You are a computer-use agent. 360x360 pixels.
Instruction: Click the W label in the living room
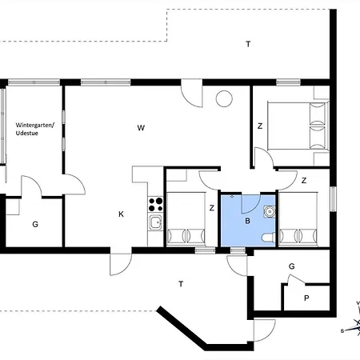[x=140, y=127]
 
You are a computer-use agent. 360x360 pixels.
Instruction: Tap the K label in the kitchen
[x=121, y=214]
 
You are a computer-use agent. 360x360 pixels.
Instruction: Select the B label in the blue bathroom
[x=248, y=220]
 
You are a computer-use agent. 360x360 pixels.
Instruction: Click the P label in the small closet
[x=306, y=298]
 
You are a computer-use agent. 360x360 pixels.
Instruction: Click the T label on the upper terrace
[x=248, y=44]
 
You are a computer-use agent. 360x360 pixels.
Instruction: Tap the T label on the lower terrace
[x=182, y=283]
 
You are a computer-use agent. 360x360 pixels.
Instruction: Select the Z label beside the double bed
[x=260, y=126]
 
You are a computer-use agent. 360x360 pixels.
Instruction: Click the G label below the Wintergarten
[x=35, y=225]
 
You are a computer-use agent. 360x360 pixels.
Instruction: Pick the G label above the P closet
[x=292, y=266]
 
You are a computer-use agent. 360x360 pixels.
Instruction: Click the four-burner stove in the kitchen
[x=155, y=203]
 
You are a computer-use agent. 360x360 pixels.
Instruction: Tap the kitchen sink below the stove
[x=155, y=223]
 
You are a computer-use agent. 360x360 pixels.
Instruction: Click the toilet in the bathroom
[x=267, y=237]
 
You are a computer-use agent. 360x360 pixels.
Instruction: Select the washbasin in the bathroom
[x=270, y=211]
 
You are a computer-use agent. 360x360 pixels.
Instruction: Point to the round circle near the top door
[x=224, y=99]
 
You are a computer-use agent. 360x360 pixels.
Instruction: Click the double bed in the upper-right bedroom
[x=296, y=124]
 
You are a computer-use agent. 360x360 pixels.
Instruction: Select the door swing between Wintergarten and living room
[x=74, y=184]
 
